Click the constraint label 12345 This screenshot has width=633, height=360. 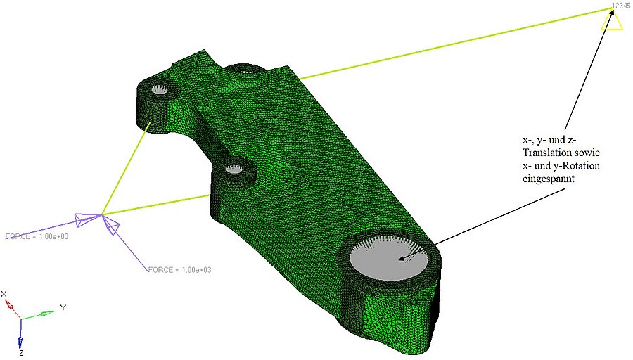[x=620, y=6]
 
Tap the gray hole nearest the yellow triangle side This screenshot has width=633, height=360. [x=159, y=89]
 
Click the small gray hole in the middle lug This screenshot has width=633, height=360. [x=234, y=169]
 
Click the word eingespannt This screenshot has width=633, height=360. [x=548, y=179]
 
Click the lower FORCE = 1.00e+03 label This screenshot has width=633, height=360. [x=179, y=269]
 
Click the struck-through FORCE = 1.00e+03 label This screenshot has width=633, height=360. [x=37, y=236]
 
